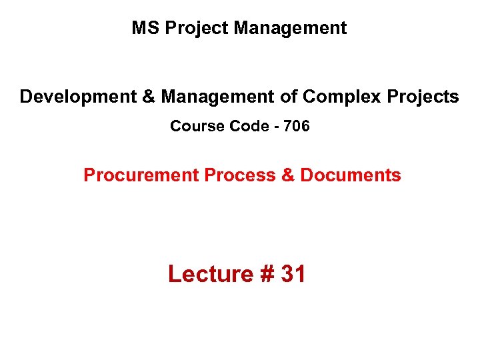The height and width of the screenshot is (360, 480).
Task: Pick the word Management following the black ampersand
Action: click(218, 97)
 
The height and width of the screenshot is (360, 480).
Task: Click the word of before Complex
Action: click(289, 97)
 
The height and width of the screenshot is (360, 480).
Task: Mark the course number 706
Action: click(297, 126)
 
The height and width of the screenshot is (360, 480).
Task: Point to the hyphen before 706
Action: click(274, 127)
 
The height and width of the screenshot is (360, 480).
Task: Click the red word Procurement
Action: click(141, 175)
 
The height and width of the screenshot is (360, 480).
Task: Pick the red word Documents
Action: click(351, 175)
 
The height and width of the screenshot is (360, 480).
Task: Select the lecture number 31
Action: click(293, 274)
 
